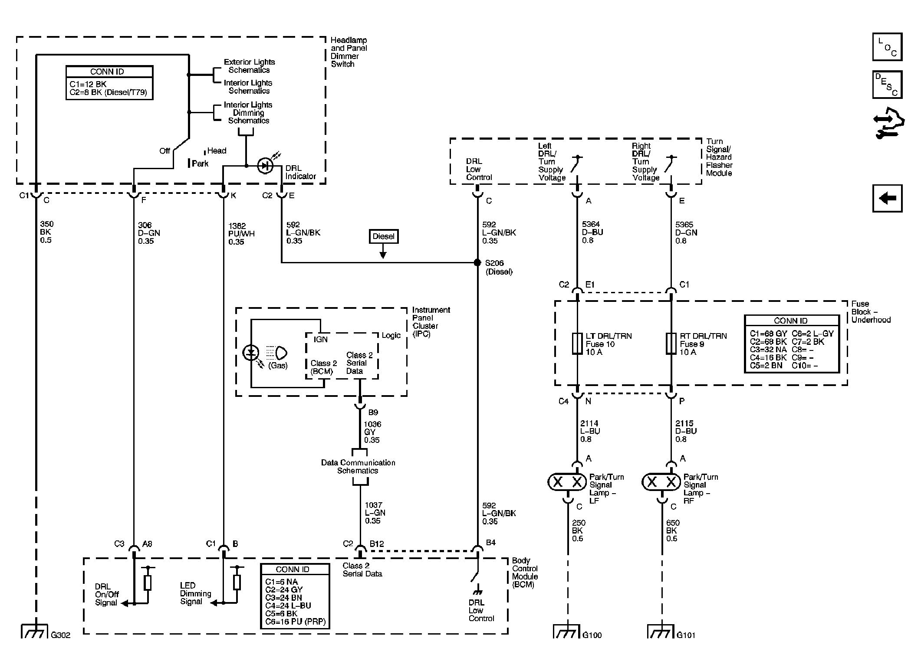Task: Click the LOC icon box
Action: tap(887, 47)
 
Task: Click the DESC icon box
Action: tap(887, 85)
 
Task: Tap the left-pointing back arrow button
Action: tap(887, 199)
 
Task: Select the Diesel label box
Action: tap(383, 236)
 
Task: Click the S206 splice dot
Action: tap(477, 262)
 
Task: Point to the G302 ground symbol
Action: tap(34, 632)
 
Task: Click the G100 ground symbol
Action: tap(566, 632)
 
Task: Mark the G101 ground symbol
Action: tap(661, 632)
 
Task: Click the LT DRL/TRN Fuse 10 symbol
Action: tap(577, 344)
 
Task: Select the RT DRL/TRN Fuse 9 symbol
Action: tap(671, 344)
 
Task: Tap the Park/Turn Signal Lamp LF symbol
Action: tap(567, 482)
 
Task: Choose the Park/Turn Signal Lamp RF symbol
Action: tap(661, 482)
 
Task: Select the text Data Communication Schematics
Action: tap(358, 467)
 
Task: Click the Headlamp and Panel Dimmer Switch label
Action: tap(349, 52)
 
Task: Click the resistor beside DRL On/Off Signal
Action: tap(148, 583)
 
